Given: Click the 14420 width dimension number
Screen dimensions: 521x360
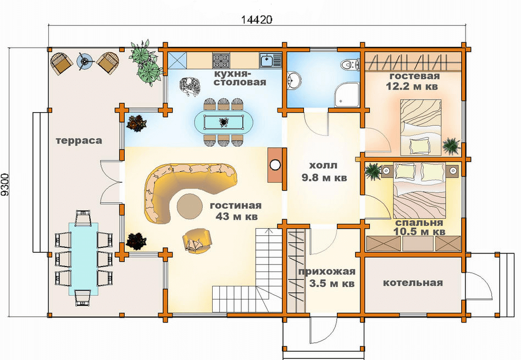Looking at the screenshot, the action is click(256, 20).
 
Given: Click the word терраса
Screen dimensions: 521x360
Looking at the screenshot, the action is click(79, 141).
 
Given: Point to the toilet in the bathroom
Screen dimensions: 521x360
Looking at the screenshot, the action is click(351, 64).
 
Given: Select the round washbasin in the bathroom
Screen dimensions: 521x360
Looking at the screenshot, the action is click(293, 80).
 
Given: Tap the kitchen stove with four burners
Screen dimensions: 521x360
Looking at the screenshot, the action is click(221, 60).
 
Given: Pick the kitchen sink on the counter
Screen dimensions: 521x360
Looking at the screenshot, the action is click(270, 60).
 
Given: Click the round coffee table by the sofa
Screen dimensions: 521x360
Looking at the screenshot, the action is click(190, 206).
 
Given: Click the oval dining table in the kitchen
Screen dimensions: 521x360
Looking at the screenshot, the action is click(223, 123).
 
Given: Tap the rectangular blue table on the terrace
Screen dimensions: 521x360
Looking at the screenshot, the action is click(84, 259).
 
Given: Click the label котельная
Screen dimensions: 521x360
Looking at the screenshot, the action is click(413, 283).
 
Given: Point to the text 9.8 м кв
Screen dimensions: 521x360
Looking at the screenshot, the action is click(324, 178).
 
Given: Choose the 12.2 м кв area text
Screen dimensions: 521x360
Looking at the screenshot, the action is click(412, 86).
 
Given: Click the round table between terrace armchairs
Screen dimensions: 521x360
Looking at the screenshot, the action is click(84, 61).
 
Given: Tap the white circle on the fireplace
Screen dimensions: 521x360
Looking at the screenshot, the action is click(275, 164).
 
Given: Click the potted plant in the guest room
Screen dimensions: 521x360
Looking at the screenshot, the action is click(452, 146).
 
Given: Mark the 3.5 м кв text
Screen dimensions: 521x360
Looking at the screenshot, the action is click(331, 284).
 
